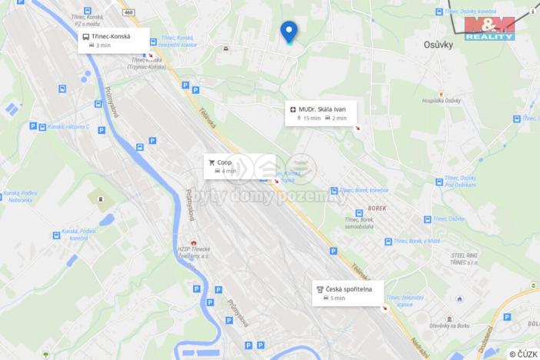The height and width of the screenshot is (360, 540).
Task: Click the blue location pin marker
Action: (288, 32)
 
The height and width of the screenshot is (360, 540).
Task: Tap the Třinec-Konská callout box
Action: (112, 40)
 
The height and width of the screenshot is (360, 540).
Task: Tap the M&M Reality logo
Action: (489, 28)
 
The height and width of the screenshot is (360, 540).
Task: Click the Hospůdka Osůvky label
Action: (441, 101)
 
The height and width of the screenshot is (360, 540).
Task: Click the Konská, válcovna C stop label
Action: (69, 127)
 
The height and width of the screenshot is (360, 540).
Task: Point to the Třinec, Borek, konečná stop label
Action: (362, 190)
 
